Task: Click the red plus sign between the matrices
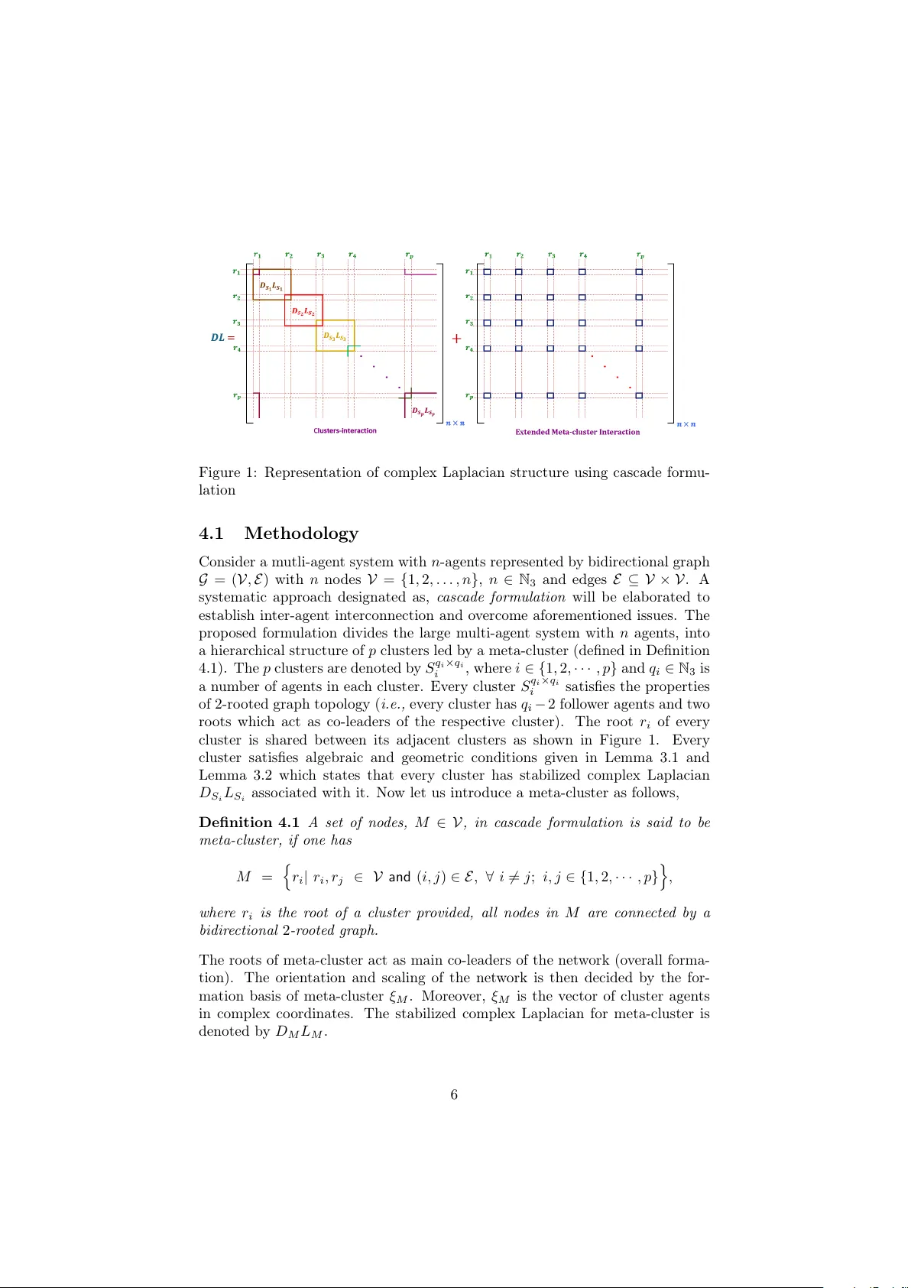point(456,338)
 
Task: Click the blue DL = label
point(222,337)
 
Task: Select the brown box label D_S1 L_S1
point(271,287)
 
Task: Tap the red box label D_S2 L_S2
point(303,312)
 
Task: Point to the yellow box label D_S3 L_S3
point(334,336)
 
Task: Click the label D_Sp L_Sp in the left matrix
point(423,411)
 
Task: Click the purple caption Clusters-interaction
point(345,430)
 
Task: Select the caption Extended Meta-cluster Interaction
point(577,432)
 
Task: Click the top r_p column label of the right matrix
point(640,255)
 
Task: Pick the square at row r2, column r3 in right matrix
point(550,297)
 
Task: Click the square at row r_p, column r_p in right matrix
point(639,396)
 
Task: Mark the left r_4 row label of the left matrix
point(237,348)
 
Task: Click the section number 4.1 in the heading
point(211,533)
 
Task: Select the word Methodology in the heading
point(301,533)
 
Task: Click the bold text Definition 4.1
point(248,822)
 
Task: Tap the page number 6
point(454,1095)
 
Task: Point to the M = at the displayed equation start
point(254,877)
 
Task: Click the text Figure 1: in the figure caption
point(227,472)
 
